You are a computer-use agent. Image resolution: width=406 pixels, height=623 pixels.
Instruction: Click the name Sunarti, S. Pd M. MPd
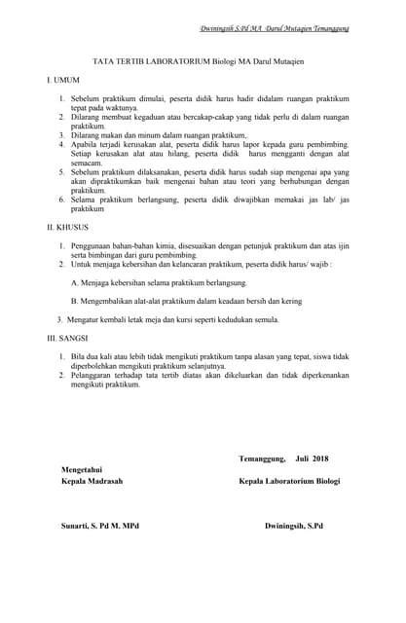[100, 526]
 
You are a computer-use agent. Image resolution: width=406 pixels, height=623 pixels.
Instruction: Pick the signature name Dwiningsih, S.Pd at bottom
[294, 526]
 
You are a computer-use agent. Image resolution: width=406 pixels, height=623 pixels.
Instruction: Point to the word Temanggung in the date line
[262, 458]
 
